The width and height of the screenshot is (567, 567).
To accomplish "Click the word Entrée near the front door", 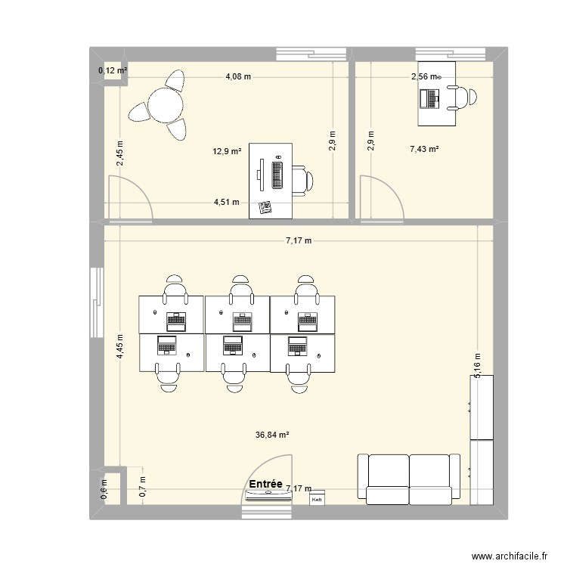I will [x=265, y=484].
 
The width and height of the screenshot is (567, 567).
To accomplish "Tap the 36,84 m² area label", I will [x=273, y=435].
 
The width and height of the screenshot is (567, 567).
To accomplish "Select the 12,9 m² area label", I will [x=227, y=151].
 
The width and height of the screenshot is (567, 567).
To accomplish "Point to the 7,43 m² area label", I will [x=424, y=150].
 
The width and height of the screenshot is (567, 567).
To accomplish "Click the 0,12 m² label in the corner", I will [x=113, y=71].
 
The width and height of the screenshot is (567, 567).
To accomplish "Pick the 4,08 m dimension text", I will [x=238, y=76].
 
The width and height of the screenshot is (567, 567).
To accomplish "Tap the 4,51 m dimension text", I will [x=227, y=202].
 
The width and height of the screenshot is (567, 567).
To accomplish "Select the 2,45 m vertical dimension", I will [x=120, y=155].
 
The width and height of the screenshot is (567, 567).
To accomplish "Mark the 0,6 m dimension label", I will [x=105, y=490].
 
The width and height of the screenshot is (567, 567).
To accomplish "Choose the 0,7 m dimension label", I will [x=142, y=485].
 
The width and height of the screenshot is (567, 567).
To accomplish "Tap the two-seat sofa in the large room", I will [x=409, y=479].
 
